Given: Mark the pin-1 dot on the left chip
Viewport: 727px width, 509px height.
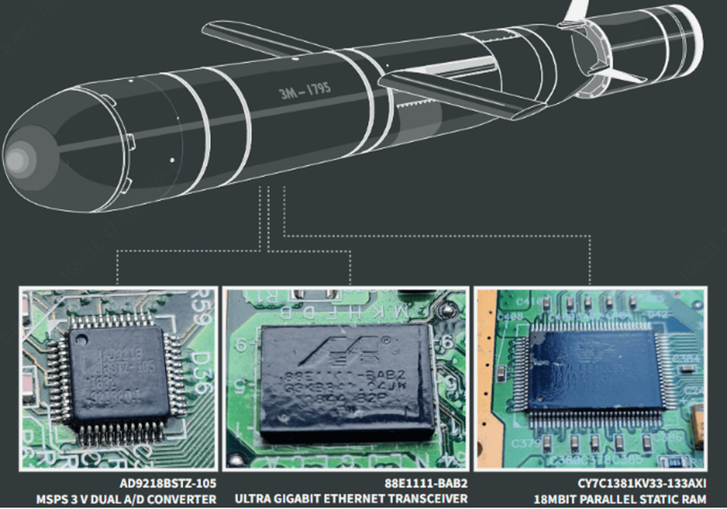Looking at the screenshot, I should click(83, 338).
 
